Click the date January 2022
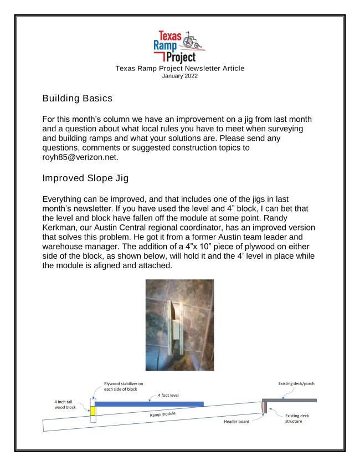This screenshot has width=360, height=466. coord(179,75)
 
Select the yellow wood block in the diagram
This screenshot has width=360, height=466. coord(93,411)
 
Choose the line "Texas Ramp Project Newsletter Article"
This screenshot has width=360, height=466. coord(179,68)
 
